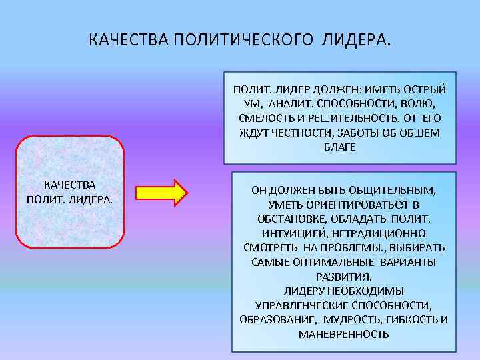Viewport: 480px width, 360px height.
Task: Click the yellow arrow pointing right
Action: (x=162, y=191)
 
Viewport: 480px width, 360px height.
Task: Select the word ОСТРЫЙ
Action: (x=423, y=89)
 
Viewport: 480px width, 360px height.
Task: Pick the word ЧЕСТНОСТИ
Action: (x=297, y=132)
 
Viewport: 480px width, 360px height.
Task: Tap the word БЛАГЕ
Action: (x=340, y=147)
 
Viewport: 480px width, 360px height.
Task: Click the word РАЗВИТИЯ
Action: (x=343, y=276)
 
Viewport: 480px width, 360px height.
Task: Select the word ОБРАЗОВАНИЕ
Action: (x=273, y=319)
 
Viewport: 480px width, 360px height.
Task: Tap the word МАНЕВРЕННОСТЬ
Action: (x=343, y=333)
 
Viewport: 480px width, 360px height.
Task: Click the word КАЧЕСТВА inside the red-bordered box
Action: (x=69, y=185)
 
